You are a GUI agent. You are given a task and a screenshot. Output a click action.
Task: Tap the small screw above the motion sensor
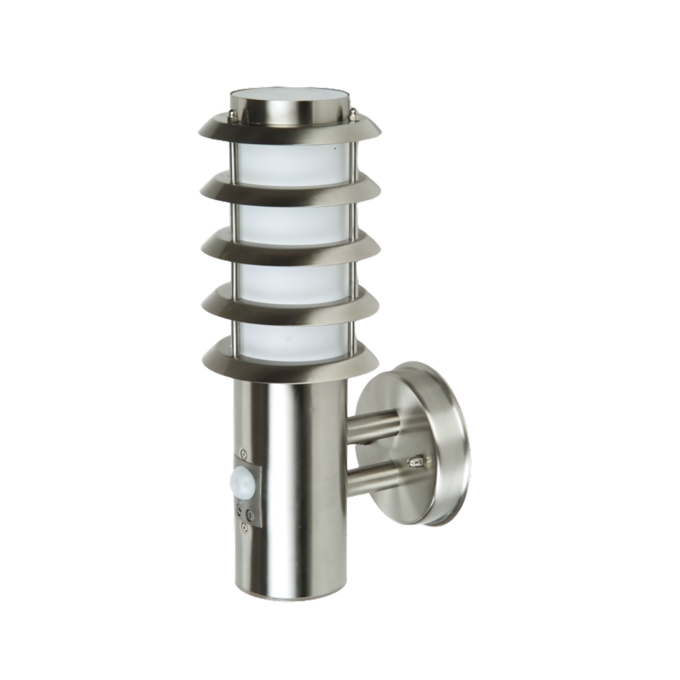point(244,454)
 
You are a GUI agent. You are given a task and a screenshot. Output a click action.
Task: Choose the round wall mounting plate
point(422,442)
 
